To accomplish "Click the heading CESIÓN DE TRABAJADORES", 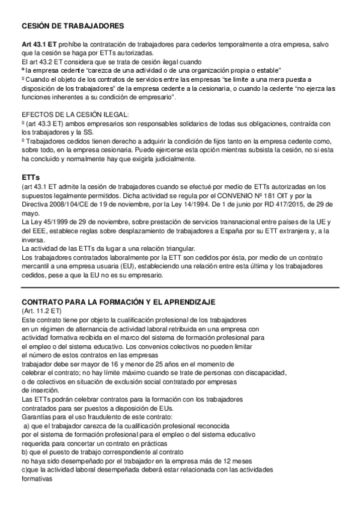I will tap(73, 26).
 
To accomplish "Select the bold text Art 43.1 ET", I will tap(40, 46).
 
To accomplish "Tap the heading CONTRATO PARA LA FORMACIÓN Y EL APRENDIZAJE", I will tap(118, 301).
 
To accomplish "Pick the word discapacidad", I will tap(262, 372).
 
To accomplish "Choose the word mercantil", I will tap(37, 266).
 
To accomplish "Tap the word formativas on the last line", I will tap(37, 479).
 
